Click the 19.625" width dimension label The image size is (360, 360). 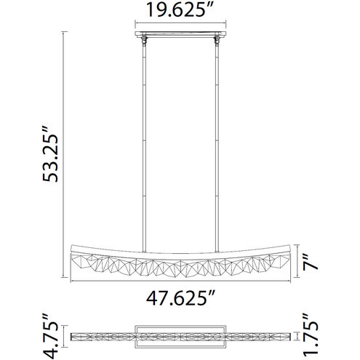[x=180, y=12]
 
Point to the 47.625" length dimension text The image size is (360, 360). [x=180, y=297]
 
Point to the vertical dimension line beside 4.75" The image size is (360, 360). [x=61, y=335]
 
